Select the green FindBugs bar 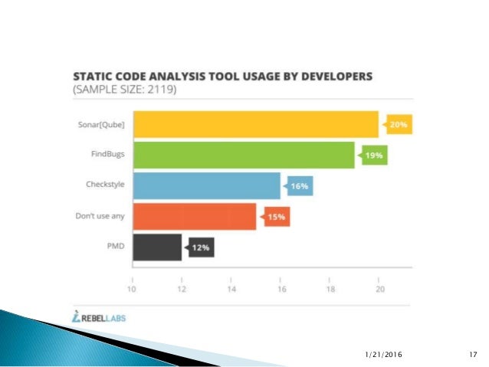point(244,156)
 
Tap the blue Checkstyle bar point(206,186)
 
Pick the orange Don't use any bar point(194,217)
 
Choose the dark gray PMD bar point(157,247)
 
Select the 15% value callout point(277,217)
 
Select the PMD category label point(117,247)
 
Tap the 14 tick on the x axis point(231,290)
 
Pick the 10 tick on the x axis point(132,290)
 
